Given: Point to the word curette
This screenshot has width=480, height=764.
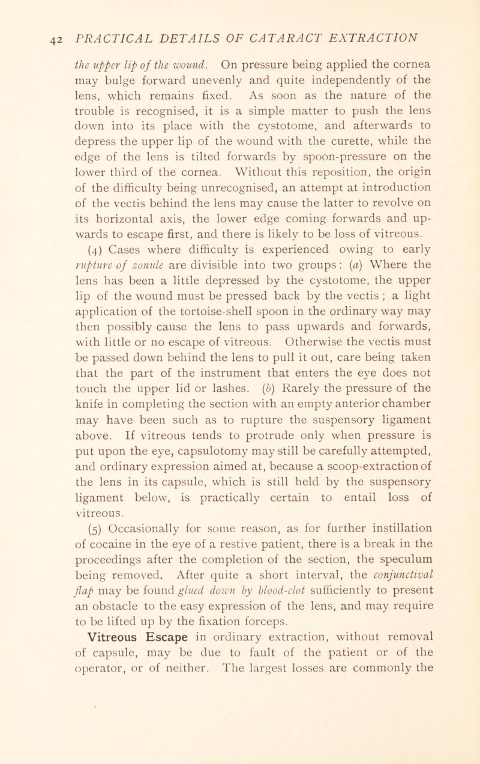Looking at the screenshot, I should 353,145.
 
